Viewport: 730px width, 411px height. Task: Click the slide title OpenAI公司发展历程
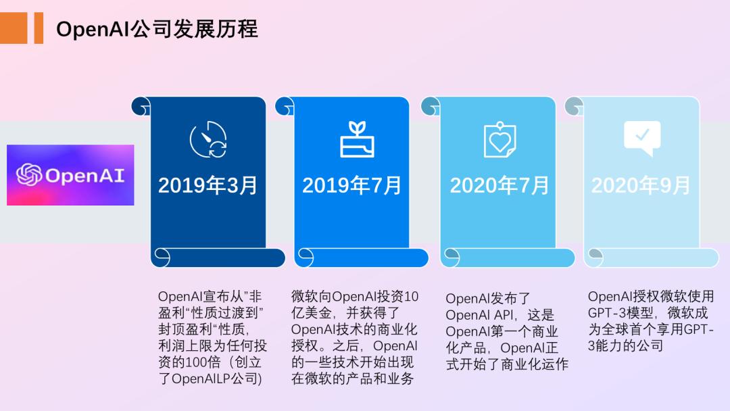click(x=157, y=29)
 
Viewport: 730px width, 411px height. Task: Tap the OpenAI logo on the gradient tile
click(x=70, y=175)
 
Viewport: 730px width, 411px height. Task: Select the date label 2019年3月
click(x=208, y=185)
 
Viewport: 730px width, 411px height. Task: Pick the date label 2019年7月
click(x=351, y=185)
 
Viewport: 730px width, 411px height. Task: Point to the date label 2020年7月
click(x=500, y=185)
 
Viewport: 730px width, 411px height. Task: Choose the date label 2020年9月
click(x=641, y=185)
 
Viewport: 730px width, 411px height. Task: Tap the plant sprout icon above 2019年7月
click(x=356, y=139)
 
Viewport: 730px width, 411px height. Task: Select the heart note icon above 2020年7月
click(x=500, y=140)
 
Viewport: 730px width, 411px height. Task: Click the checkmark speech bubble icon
click(x=641, y=138)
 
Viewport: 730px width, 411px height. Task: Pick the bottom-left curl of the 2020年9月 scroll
click(x=594, y=258)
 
